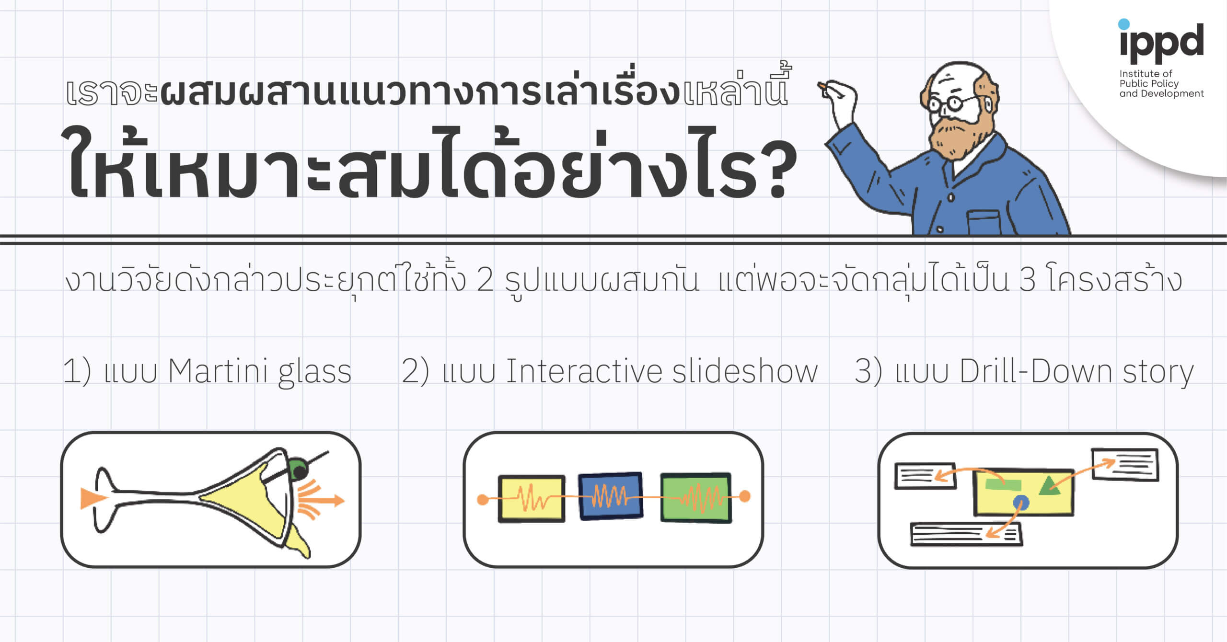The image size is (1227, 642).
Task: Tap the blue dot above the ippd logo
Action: (x=1124, y=24)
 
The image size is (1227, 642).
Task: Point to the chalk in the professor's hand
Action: (x=823, y=86)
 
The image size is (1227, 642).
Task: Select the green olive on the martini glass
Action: (x=299, y=469)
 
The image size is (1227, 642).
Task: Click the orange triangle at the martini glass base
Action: (x=93, y=498)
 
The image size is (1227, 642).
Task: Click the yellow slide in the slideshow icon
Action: (x=532, y=498)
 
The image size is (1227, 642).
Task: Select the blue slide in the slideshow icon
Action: (x=611, y=496)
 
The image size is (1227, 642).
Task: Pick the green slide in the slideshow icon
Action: (x=696, y=497)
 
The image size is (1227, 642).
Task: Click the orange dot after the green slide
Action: (x=744, y=496)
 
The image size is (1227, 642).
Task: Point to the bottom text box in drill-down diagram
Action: (x=966, y=534)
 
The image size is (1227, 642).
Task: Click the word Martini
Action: (x=219, y=371)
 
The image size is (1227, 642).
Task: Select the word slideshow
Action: (x=745, y=371)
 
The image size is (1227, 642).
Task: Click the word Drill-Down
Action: (x=1036, y=371)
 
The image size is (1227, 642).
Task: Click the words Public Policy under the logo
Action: (x=1149, y=84)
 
